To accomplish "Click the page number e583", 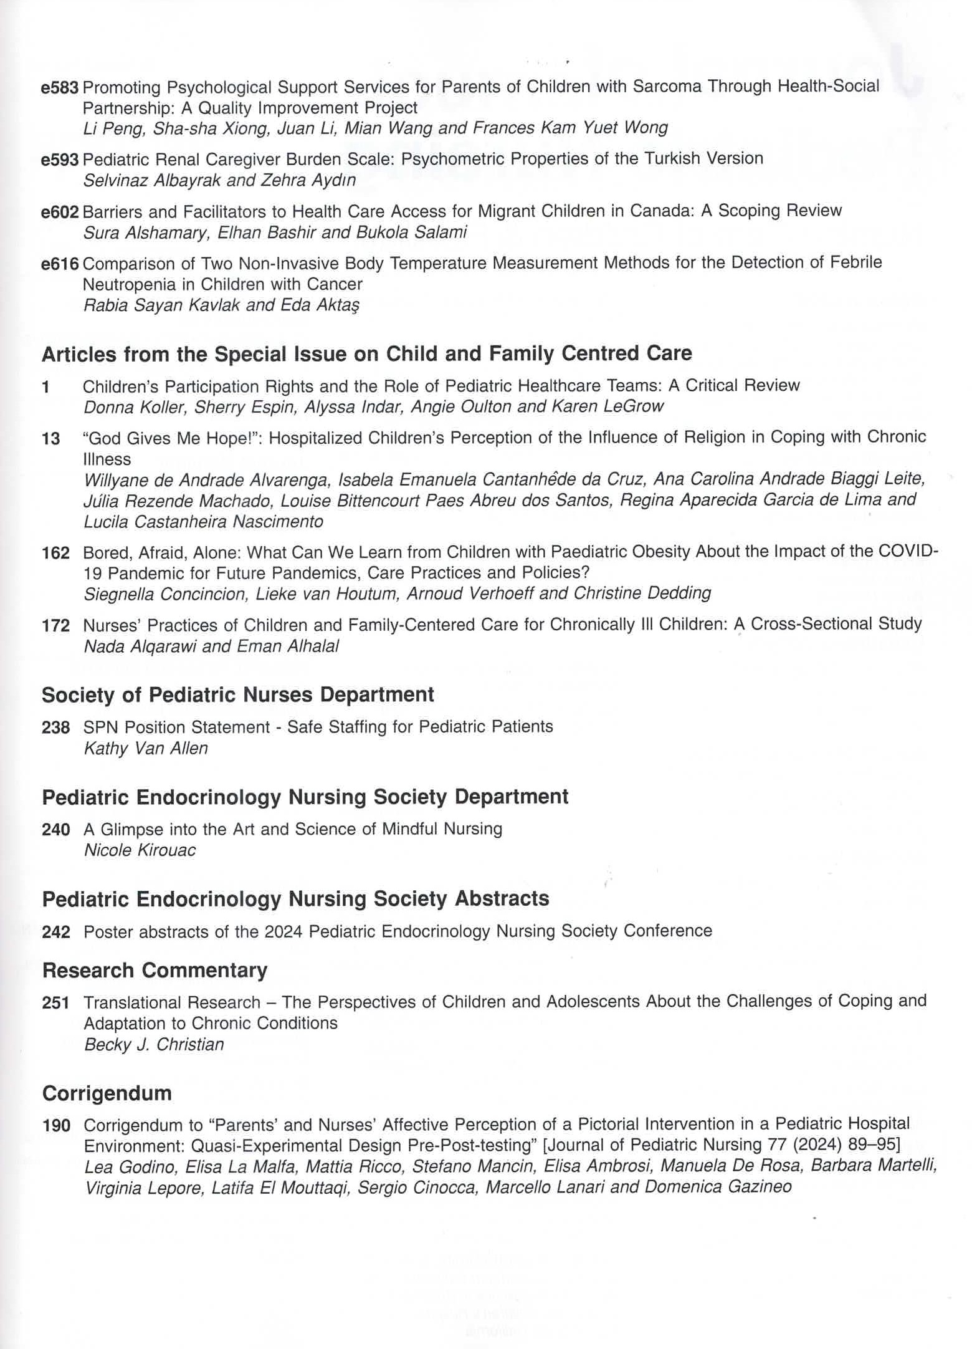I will point(60,88).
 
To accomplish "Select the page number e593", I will point(60,160).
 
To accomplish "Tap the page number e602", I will point(60,212).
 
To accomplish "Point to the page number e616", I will point(60,264).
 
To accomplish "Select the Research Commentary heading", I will point(155,970).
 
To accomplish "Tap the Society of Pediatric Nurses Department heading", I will point(237,694).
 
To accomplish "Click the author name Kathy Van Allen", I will point(146,748).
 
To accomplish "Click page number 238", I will point(55,727).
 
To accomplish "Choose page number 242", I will point(55,932).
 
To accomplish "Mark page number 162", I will point(55,553).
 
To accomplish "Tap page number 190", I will point(55,1126).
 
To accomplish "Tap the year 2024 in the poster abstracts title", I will point(283,931).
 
